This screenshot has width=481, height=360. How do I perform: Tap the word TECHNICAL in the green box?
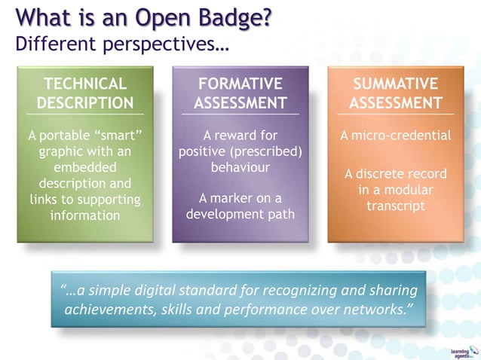click(x=85, y=84)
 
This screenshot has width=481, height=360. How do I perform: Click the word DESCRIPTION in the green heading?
click(x=85, y=102)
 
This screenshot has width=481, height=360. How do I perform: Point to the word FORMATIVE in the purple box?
click(x=240, y=84)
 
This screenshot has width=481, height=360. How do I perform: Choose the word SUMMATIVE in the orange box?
click(x=396, y=84)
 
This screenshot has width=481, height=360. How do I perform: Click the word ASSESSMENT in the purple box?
click(x=240, y=102)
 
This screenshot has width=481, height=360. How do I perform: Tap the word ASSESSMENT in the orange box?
click(x=396, y=102)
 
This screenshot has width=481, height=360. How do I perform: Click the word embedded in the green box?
click(x=85, y=167)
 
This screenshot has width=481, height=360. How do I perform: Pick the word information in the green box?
click(x=85, y=215)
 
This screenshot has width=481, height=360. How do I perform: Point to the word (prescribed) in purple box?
click(x=265, y=151)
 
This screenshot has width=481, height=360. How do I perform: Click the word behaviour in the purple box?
click(x=240, y=167)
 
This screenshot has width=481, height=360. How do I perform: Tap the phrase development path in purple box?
click(x=240, y=215)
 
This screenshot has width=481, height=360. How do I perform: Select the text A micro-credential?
click(x=396, y=136)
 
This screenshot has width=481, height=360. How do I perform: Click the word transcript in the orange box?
click(x=396, y=206)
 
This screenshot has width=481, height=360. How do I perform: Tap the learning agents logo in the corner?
click(x=460, y=352)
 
